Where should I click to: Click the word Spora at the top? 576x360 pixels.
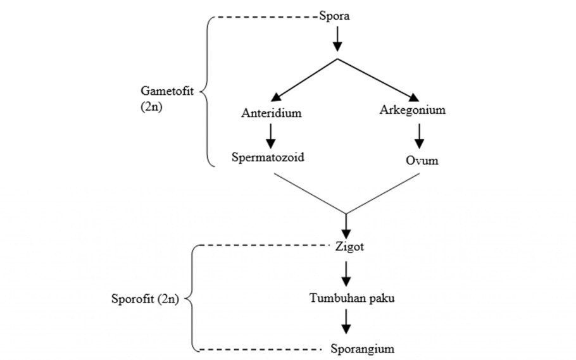(x=335, y=16)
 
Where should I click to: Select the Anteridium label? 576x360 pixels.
(x=270, y=114)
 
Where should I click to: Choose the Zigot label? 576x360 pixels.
(x=350, y=246)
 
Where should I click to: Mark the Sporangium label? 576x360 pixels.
(x=362, y=349)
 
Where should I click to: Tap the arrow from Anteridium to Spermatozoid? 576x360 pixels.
(x=270, y=134)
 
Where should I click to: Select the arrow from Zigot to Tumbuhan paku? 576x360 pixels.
(x=346, y=273)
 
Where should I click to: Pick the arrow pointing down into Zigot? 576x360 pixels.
(x=346, y=225)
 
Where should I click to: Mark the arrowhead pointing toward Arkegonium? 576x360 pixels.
(x=413, y=97)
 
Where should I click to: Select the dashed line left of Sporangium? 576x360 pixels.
(x=260, y=349)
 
